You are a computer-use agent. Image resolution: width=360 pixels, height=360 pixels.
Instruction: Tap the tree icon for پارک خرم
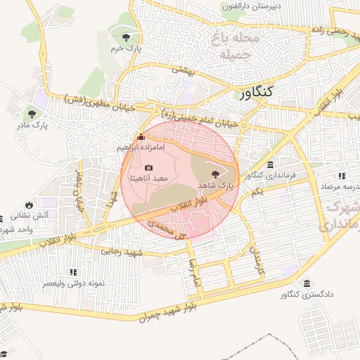tap(126, 37)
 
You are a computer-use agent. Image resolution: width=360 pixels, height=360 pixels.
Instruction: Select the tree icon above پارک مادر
tap(30, 113)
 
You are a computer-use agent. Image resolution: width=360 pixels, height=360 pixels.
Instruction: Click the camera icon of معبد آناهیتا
tap(148, 167)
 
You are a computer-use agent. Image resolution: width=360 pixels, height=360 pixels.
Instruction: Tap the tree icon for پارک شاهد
tap(214, 174)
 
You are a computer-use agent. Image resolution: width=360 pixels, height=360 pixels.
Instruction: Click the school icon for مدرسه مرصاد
tap(342, 176)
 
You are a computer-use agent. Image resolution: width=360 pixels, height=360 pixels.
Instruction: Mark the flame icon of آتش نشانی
tap(29, 205)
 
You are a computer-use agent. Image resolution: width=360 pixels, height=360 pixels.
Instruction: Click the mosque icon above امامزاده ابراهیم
tap(141, 136)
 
